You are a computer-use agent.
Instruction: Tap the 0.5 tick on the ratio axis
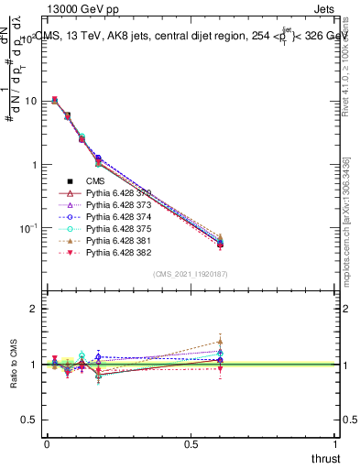(30, 420)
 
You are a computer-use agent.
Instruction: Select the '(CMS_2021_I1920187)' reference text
(191, 273)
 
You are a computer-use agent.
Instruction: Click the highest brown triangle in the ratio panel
(220, 342)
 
